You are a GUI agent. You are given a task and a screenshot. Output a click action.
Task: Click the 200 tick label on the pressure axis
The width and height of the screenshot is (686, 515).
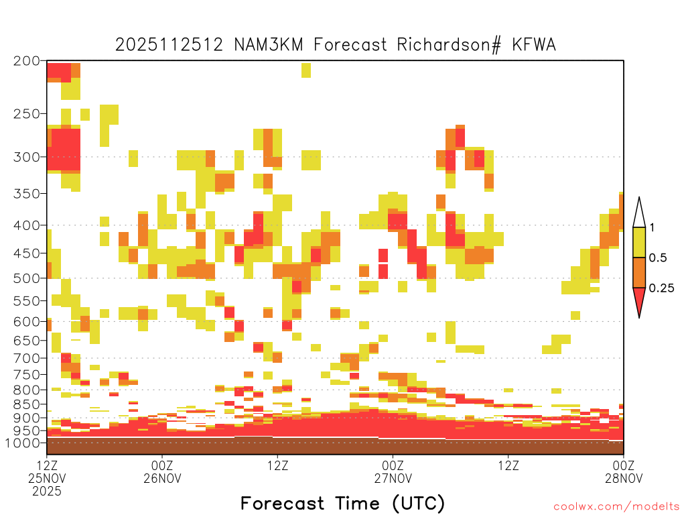point(27,61)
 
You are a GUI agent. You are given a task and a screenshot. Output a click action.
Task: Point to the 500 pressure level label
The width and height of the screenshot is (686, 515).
point(27,278)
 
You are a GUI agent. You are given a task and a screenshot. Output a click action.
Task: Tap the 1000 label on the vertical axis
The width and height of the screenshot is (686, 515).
point(23,443)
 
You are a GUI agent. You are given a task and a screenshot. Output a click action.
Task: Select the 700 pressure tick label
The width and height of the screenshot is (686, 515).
point(27,358)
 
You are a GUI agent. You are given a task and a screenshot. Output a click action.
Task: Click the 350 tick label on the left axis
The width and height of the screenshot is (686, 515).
point(27,194)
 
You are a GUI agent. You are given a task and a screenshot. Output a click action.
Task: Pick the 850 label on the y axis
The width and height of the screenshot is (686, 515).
point(27,404)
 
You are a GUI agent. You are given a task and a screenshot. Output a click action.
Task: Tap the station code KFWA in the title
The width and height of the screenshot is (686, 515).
point(534,45)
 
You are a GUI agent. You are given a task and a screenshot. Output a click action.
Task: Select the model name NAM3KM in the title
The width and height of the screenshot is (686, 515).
point(269,45)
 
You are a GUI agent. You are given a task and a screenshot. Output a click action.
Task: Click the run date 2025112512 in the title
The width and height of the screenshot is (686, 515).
point(169,45)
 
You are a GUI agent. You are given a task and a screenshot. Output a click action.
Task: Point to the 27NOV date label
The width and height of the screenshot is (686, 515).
point(393,478)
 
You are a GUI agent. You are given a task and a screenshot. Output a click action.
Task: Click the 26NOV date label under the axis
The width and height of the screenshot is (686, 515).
point(162,478)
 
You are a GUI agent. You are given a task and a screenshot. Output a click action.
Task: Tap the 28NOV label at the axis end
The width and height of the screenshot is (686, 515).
point(624,478)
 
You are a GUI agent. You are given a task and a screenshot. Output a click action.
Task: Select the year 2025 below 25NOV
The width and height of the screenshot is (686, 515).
point(47,492)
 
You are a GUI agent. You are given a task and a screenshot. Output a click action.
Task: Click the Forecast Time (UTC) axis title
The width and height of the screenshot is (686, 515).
point(342,504)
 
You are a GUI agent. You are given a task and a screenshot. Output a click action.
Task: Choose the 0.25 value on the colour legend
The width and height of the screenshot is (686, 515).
point(661,288)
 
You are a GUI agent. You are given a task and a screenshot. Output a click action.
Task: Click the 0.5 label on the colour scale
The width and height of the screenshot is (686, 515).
point(658,258)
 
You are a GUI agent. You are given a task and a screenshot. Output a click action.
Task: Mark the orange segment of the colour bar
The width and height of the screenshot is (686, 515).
point(639,272)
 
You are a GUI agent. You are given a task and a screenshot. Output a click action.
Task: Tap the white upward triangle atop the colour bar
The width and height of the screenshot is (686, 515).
point(639,213)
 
